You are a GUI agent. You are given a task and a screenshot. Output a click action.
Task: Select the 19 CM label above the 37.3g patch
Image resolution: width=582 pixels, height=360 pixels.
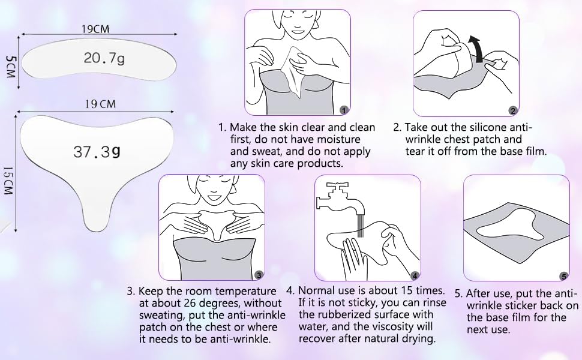coord(100,104)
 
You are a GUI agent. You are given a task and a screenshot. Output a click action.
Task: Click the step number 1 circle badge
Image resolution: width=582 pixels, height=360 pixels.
coord(343,110)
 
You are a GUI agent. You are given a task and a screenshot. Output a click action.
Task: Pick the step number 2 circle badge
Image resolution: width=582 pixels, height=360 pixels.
coord(512,110)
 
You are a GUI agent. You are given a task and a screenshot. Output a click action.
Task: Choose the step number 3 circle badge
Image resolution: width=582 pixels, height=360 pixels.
coord(258,275)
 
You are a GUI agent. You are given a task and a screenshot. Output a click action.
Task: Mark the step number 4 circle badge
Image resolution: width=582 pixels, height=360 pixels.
coord(414,275)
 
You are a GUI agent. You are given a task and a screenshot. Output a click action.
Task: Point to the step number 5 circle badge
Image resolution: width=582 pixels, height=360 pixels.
coord(563,275)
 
